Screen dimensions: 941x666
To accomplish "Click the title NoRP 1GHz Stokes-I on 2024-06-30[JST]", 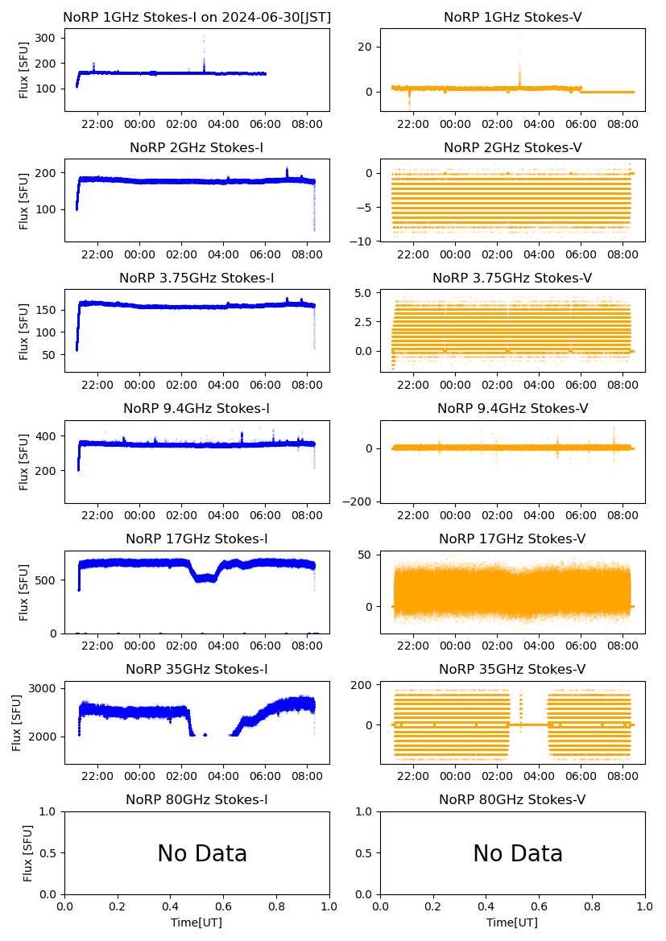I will tap(196, 17).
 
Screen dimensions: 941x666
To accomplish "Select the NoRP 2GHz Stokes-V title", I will tap(512, 147).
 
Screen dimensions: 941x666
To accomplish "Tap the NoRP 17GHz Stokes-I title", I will tap(196, 539).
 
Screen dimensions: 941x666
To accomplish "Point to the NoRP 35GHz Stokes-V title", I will tap(512, 669).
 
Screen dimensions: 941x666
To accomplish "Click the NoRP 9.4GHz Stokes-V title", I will tap(512, 408).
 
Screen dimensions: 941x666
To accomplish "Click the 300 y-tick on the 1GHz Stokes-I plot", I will tap(45, 38).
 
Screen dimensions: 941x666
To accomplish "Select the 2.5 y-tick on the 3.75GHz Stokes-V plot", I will tap(362, 322).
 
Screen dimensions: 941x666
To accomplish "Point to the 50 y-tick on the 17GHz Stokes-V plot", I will tap(364, 555).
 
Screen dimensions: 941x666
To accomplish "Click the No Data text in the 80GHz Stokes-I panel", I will tap(202, 854).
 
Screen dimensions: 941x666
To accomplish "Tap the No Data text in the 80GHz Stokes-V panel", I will tap(518, 854).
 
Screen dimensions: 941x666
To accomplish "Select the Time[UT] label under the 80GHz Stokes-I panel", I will tap(196, 922).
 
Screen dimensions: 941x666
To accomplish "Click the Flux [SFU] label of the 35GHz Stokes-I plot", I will tap(17, 712).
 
